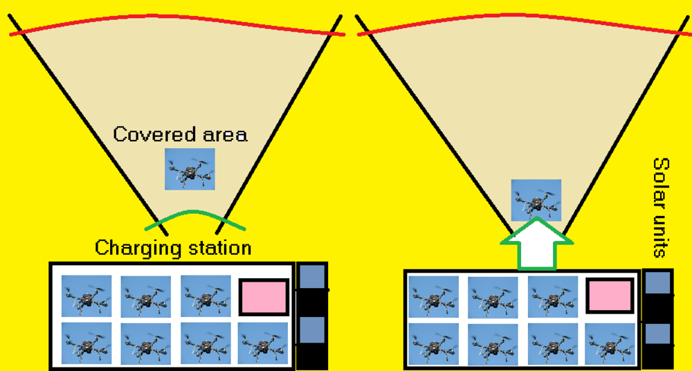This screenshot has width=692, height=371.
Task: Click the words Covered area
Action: [x=180, y=134]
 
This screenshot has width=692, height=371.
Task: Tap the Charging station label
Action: [x=173, y=247]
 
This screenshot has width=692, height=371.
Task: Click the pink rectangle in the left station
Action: [x=263, y=297]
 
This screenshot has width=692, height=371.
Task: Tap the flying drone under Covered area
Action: [x=190, y=169]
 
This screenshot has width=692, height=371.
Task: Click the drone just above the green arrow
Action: [x=536, y=200]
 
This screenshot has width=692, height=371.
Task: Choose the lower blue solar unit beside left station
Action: [x=312, y=329]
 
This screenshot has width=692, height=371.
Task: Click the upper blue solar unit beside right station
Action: [x=657, y=283]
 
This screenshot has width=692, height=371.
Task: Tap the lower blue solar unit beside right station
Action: [x=657, y=334]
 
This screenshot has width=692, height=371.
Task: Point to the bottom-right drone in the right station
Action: [x=610, y=343]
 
